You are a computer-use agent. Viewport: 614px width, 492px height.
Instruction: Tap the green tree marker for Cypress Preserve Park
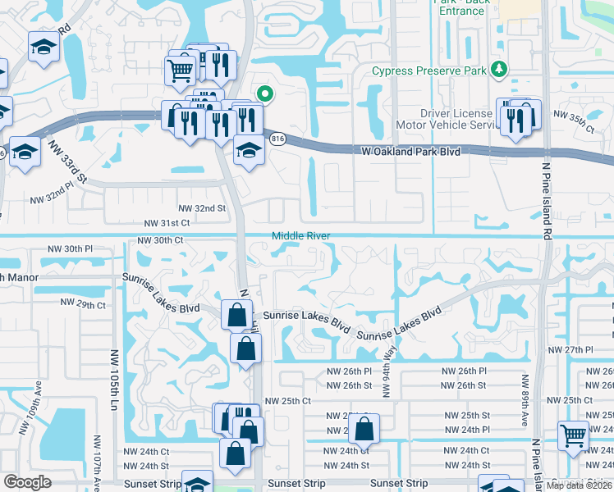tap(497, 70)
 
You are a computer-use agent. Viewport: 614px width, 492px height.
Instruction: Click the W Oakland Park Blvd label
tap(410, 152)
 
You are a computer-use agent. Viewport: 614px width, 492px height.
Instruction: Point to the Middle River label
tap(301, 236)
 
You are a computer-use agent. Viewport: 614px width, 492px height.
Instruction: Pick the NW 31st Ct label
tap(167, 223)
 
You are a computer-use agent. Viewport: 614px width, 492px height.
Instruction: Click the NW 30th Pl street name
tap(71, 248)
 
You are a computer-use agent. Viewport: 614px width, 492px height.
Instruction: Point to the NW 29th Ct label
tap(84, 305)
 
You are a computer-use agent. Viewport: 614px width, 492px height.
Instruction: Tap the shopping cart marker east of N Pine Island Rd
tap(573, 435)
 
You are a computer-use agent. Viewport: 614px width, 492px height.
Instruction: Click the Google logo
tap(27, 482)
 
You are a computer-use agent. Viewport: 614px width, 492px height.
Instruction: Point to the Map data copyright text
tap(580, 486)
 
